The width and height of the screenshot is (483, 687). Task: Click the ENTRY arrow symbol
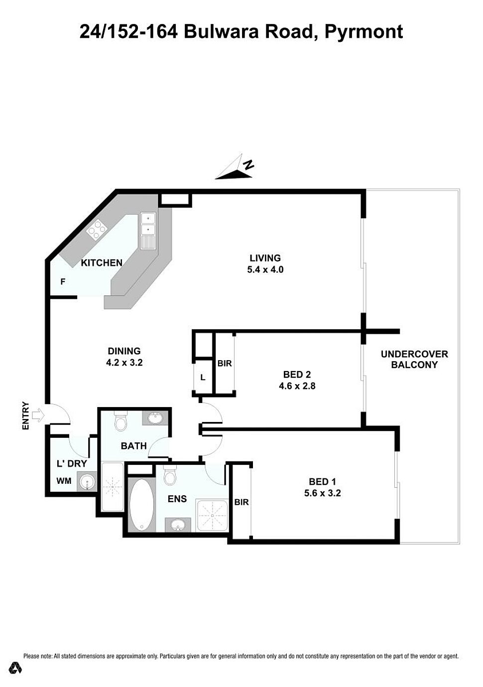click(38, 415)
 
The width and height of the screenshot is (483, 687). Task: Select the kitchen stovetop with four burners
click(97, 229)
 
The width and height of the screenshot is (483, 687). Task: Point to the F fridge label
click(63, 281)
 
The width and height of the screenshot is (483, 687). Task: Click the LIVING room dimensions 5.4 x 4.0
click(265, 270)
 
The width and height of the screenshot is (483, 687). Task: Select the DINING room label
click(124, 351)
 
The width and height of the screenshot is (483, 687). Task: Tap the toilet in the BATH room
click(121, 420)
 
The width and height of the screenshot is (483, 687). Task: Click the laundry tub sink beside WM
click(87, 481)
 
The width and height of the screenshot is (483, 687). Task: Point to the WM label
click(64, 481)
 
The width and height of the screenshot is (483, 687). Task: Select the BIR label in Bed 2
click(225, 364)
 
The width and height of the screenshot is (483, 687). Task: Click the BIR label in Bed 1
click(241, 502)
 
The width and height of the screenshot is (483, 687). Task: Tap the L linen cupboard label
click(203, 378)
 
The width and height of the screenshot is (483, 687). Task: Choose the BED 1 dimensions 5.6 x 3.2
click(322, 493)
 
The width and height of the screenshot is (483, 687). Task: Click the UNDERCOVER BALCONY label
click(414, 360)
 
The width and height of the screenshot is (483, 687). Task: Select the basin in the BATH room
click(155, 417)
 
